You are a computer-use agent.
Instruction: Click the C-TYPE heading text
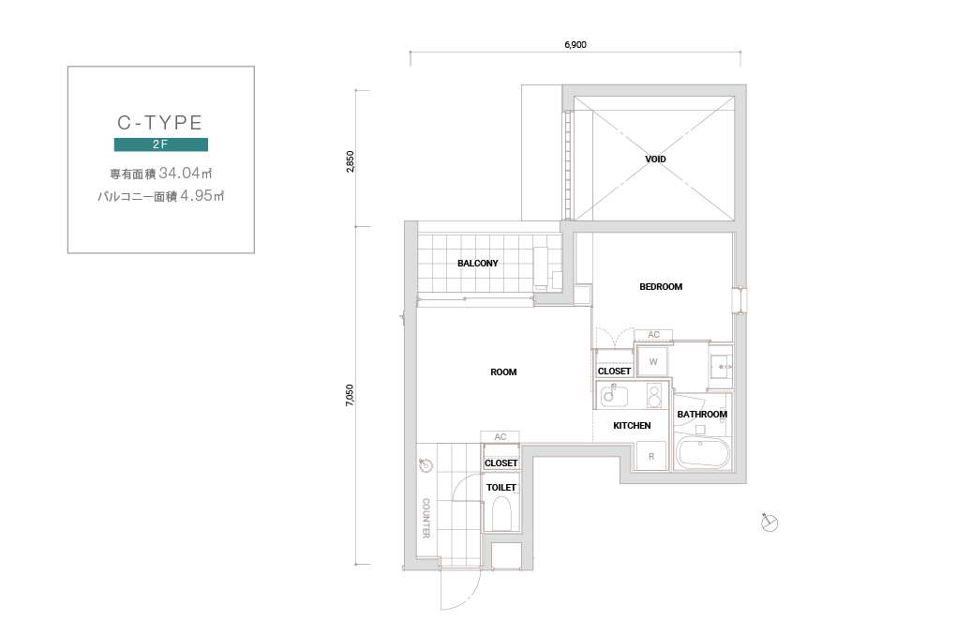(x=159, y=123)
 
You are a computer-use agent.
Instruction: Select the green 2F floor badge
(x=161, y=144)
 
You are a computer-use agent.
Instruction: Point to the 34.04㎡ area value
(x=186, y=174)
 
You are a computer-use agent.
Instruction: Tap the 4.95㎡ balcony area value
(x=202, y=196)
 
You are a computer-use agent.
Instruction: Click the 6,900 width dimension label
(x=575, y=44)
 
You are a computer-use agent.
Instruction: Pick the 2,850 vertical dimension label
(x=350, y=161)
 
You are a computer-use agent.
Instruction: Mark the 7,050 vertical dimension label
(x=350, y=395)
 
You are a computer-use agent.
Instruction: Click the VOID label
(x=655, y=159)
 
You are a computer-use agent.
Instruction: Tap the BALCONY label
(x=478, y=264)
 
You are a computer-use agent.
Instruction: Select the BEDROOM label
(x=661, y=287)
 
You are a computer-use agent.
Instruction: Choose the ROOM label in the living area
(x=503, y=372)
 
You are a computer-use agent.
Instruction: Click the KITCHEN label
(x=632, y=426)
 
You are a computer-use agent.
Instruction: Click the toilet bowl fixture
(x=501, y=513)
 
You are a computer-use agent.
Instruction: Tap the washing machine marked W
(x=653, y=362)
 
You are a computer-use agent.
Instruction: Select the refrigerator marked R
(x=651, y=456)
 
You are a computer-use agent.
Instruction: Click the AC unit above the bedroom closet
(x=653, y=335)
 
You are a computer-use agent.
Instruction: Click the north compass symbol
(x=769, y=523)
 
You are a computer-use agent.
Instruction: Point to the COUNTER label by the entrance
(x=426, y=518)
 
